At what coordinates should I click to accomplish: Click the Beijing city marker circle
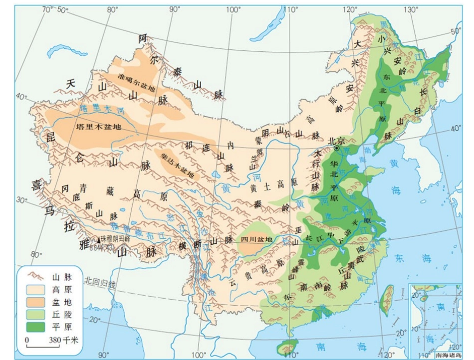tap(337, 149)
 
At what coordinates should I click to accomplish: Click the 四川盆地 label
tap(257, 239)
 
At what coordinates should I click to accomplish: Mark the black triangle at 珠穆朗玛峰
tap(99, 239)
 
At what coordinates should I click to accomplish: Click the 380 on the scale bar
tap(54, 340)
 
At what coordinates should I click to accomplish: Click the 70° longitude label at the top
tap(47, 9)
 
